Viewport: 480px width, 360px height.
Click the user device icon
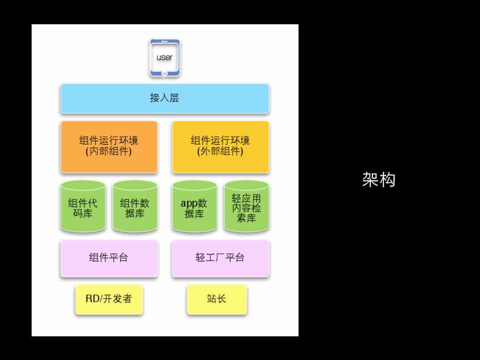pyautogui.click(x=165, y=58)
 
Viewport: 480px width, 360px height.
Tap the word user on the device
pyautogui.click(x=165, y=57)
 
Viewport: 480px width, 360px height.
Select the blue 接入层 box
pyautogui.click(x=165, y=98)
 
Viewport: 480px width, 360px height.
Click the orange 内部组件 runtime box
pyautogui.click(x=109, y=146)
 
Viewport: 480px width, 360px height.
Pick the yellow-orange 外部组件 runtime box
pyautogui.click(x=220, y=146)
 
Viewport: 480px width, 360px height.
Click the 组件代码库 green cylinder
pyautogui.click(x=83, y=206)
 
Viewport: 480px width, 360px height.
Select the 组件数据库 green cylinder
pyautogui.click(x=135, y=206)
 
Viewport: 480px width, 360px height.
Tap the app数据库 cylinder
pyautogui.click(x=194, y=206)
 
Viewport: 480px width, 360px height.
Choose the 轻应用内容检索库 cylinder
pyautogui.click(x=246, y=206)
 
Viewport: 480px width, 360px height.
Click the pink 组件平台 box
pyautogui.click(x=109, y=258)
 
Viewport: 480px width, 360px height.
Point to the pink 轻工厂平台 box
pyautogui.click(x=220, y=258)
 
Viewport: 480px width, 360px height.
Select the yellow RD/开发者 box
pyautogui.click(x=109, y=299)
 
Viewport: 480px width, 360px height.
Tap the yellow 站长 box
pyautogui.click(x=217, y=299)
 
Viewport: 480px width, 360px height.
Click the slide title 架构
pyautogui.click(x=379, y=179)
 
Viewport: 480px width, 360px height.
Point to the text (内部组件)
pyautogui.click(x=109, y=152)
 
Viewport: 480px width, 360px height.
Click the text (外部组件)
pyautogui.click(x=220, y=152)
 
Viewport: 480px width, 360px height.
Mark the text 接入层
pyautogui.click(x=165, y=98)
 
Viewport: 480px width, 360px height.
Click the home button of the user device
pyautogui.click(x=165, y=73)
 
